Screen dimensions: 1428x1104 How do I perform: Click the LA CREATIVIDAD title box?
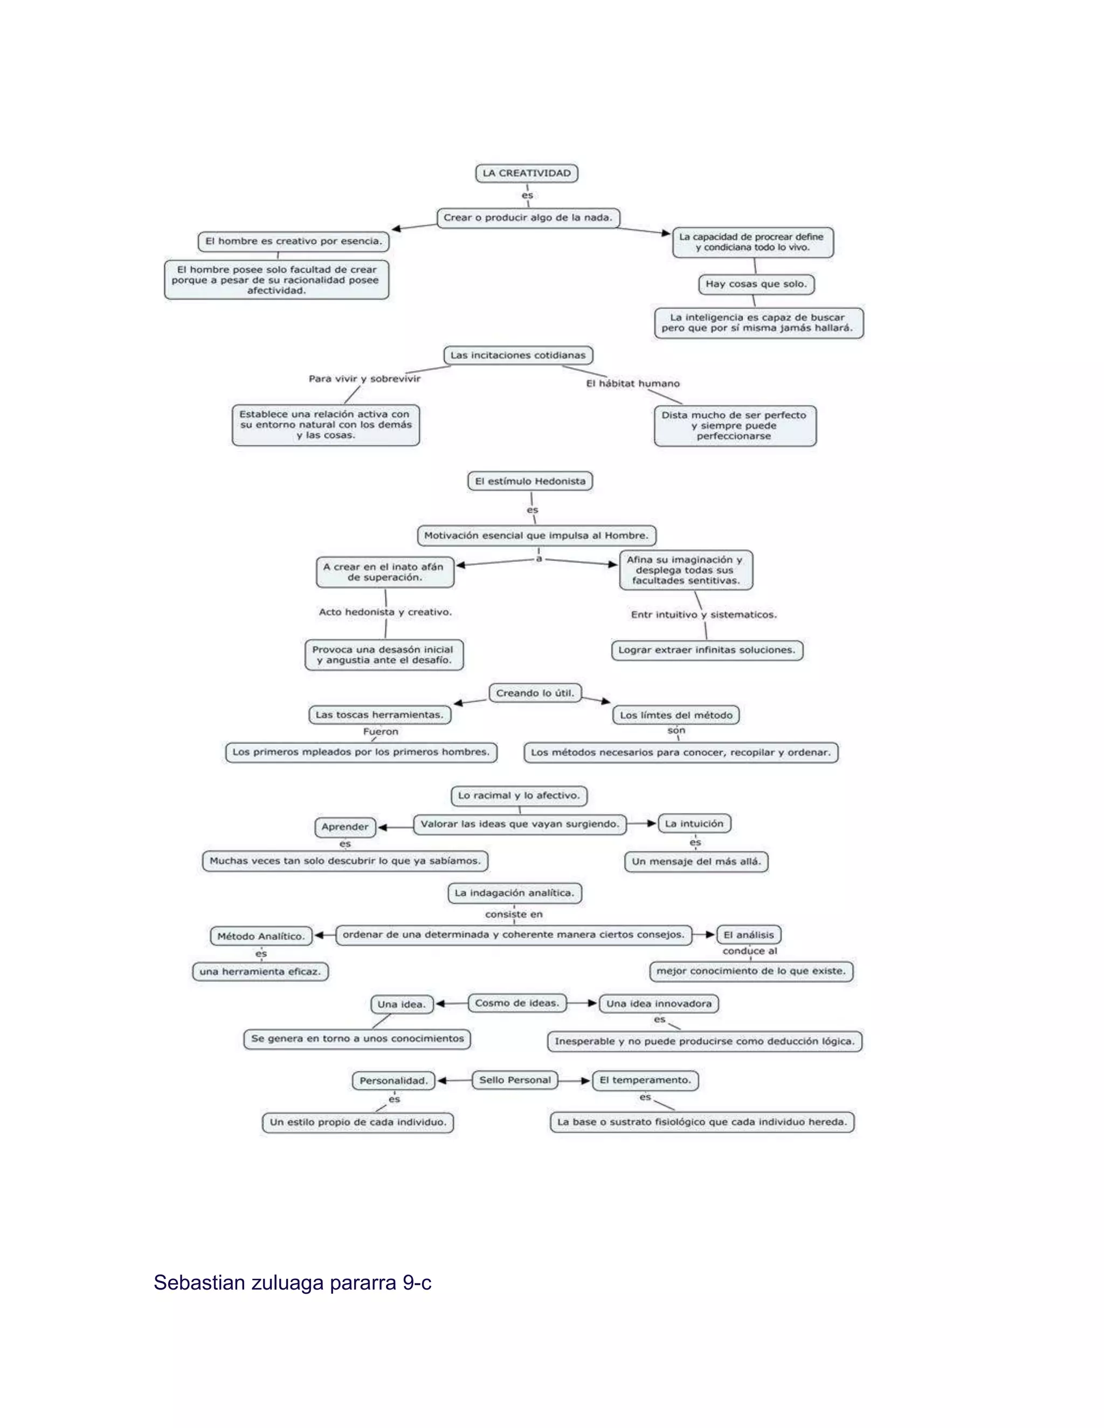[527, 174]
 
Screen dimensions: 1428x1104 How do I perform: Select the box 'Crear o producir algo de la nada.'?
[528, 218]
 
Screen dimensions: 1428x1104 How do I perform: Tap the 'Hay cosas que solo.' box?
[756, 284]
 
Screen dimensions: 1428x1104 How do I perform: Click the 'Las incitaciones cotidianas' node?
[518, 355]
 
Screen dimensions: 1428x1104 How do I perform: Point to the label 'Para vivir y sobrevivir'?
[364, 379]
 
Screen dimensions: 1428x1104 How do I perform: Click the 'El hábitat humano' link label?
[632, 383]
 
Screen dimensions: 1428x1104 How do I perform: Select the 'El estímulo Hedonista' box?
[530, 481]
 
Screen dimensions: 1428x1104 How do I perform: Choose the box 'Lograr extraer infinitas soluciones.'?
[706, 650]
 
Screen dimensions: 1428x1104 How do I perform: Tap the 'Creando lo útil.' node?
[535, 693]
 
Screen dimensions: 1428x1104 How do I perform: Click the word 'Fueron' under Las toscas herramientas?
[381, 732]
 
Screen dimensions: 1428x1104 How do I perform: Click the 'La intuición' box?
[694, 824]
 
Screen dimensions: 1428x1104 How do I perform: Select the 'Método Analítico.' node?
[261, 937]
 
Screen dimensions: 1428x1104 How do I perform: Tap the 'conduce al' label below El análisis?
[749, 951]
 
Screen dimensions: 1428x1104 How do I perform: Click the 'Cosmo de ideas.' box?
[516, 1003]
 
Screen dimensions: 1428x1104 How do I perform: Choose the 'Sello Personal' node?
[515, 1080]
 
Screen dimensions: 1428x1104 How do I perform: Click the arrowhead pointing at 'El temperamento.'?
[586, 1081]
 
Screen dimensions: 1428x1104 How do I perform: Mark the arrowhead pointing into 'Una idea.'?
[441, 1004]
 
